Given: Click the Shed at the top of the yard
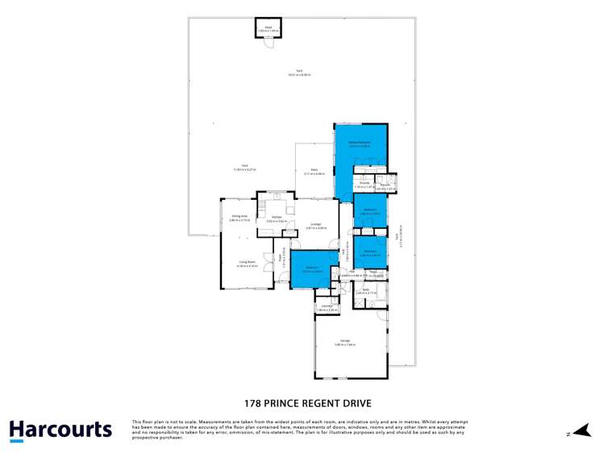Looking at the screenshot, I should pyautogui.click(x=268, y=28).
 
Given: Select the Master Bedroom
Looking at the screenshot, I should pyautogui.click(x=360, y=143).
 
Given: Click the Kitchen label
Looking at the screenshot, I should pyautogui.click(x=276, y=218).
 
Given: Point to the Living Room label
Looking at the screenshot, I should pyautogui.click(x=247, y=262).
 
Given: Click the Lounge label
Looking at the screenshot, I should pyautogui.click(x=315, y=225).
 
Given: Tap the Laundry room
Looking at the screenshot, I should pyautogui.click(x=327, y=307).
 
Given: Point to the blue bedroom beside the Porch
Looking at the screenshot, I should pyautogui.click(x=311, y=268).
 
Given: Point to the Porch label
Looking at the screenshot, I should pyautogui.click(x=281, y=259).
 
